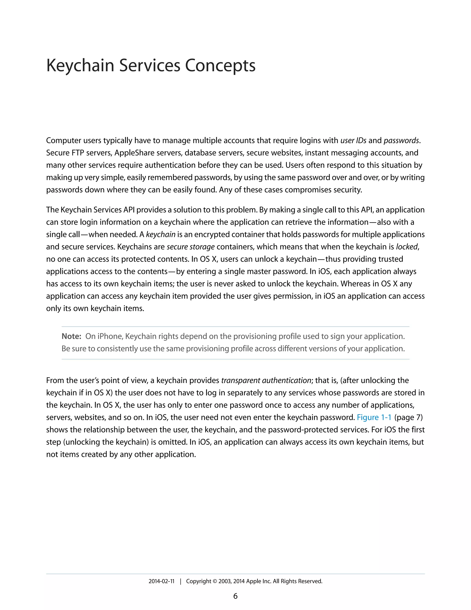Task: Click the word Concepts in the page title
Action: point(220,65)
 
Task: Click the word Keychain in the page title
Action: point(80,65)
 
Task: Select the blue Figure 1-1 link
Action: point(374,417)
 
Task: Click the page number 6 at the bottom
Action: point(235,596)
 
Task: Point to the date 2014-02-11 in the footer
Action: point(161,581)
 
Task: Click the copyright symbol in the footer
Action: point(215,581)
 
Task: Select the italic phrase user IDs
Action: point(353,140)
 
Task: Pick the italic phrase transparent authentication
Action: point(266,381)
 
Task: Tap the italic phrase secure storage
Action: point(191,247)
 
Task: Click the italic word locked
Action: point(407,247)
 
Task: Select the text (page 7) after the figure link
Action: point(408,417)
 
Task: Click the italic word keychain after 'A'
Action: point(161,235)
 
